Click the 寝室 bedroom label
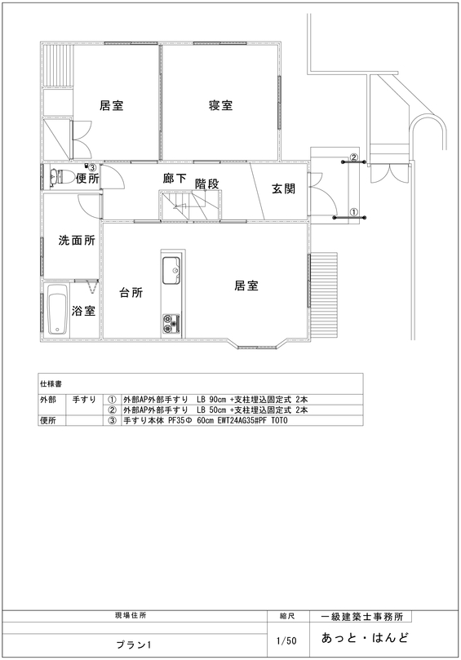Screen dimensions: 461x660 (220, 104)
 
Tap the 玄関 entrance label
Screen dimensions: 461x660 (283, 188)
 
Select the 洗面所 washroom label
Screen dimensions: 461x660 (77, 241)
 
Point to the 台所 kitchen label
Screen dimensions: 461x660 (131, 293)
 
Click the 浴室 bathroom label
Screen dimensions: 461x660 (83, 311)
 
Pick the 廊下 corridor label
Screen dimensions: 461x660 (175, 178)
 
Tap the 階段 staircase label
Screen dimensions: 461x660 (206, 184)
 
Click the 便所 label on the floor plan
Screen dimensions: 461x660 (87, 179)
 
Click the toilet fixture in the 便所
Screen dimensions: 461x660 (62, 178)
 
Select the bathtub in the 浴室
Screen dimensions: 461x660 (57, 310)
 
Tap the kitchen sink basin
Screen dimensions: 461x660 (171, 270)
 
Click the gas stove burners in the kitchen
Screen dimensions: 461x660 (171, 323)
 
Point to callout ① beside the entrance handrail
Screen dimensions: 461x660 (353, 212)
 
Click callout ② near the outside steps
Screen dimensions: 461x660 (354, 157)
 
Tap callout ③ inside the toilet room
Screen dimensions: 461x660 (92, 167)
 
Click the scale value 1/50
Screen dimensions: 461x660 (286, 640)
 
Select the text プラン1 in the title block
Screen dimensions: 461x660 (134, 644)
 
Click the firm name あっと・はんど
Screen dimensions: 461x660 (365, 638)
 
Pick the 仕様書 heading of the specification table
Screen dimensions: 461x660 (51, 384)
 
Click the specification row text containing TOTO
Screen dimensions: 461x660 (206, 420)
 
